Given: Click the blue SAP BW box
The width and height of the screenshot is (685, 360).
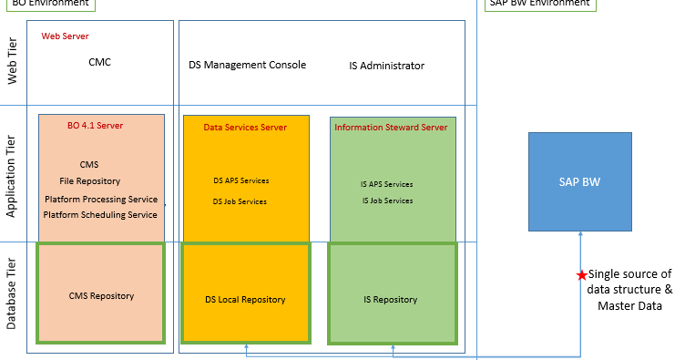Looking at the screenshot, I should click(x=579, y=181).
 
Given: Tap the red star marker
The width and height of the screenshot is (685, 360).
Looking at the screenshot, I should click(x=581, y=275).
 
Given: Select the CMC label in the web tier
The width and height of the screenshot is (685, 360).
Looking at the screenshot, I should click(x=100, y=63).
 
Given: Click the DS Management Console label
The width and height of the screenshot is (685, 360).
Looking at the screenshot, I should click(x=247, y=65).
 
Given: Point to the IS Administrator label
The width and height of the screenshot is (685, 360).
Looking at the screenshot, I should click(x=386, y=66).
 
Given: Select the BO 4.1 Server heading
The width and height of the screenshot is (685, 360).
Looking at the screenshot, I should click(x=96, y=126).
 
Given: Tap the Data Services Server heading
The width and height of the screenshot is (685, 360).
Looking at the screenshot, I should click(x=245, y=128).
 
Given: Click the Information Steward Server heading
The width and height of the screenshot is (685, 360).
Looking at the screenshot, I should click(x=391, y=128).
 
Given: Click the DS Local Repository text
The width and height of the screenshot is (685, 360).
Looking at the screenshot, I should click(x=245, y=299).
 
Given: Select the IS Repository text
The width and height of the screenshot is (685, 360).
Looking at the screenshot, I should click(x=390, y=299).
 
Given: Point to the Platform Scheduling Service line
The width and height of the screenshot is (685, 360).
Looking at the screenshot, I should click(x=100, y=214).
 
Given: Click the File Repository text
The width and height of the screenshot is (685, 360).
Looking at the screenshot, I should click(x=90, y=180).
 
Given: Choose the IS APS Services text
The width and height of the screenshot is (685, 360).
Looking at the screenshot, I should click(x=387, y=184).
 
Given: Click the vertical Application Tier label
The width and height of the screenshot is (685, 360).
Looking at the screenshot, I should click(x=13, y=174).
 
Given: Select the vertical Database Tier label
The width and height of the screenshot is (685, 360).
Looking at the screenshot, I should click(x=13, y=293).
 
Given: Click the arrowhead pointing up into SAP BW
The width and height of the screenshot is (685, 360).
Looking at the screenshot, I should click(x=579, y=235).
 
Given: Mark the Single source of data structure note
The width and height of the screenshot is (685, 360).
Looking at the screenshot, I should click(x=629, y=290).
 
